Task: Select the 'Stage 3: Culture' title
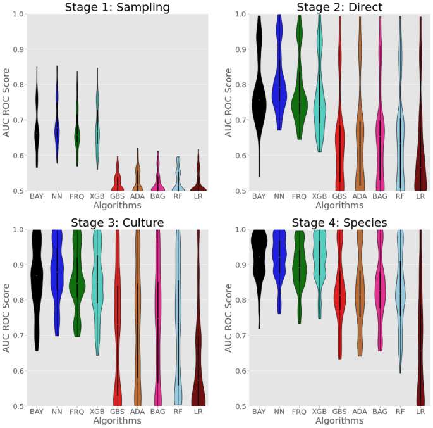[117, 222]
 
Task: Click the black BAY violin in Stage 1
[37, 133]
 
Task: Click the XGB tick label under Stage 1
[98, 196]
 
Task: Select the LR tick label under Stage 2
[420, 196]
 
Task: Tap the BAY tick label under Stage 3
[37, 412]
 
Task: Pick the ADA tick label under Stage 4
[360, 412]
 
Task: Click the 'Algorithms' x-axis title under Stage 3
[117, 420]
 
